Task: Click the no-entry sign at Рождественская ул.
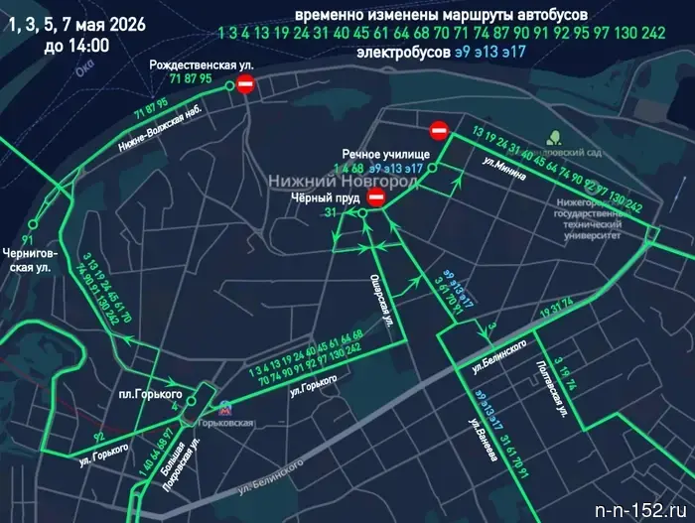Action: pos(246,87)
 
